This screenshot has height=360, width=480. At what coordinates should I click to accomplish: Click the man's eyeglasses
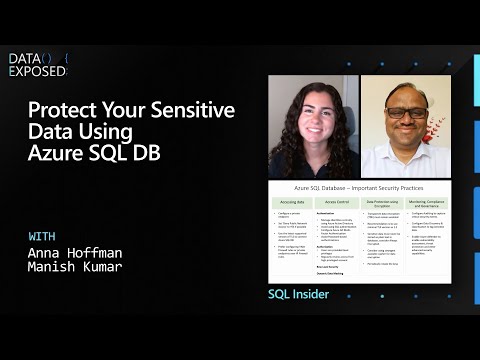tap(405, 112)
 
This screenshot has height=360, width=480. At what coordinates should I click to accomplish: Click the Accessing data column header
tap(290, 202)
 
